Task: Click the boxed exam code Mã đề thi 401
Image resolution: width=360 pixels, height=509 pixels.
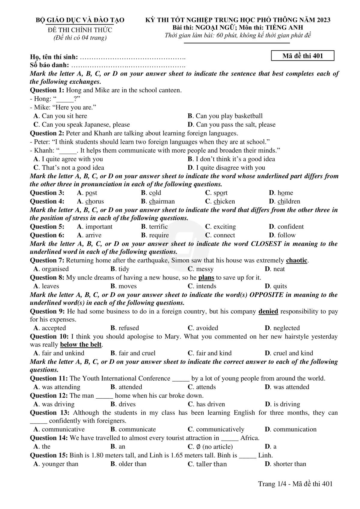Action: pos(302,56)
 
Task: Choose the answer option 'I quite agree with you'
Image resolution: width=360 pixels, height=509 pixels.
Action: pos(72,159)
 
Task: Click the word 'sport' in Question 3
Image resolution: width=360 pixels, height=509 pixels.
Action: pos(220,193)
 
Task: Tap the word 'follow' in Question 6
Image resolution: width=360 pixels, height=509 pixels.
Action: pos(286,235)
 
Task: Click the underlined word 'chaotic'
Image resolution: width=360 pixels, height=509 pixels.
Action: pos(297,260)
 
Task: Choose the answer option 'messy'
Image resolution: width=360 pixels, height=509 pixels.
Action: pos(205,269)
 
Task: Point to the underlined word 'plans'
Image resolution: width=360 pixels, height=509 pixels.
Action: pos(206,278)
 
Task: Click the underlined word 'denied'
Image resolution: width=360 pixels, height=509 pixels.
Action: pos(268,311)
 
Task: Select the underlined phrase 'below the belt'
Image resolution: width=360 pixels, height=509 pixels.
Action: pos(81,345)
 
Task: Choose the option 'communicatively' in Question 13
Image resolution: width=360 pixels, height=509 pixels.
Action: pos(220,429)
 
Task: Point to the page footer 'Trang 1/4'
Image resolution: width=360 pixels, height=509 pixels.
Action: pos(271,484)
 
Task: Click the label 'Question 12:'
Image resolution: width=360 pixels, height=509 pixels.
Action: pos(49,396)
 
